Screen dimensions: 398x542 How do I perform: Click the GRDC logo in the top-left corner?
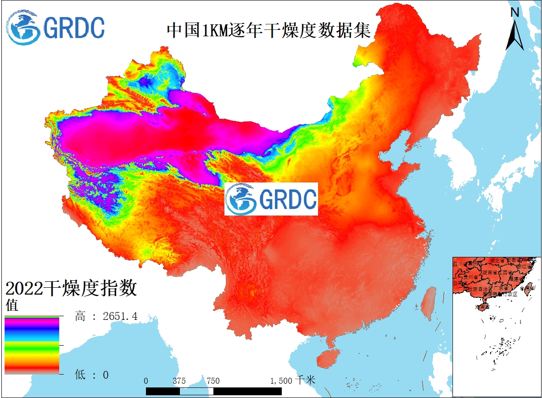point(56,27)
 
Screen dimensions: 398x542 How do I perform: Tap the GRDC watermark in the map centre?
point(271,199)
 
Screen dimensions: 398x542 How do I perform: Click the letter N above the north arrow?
point(515,12)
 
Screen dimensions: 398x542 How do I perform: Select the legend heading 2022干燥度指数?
point(71,289)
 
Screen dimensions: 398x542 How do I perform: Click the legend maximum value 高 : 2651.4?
point(106,316)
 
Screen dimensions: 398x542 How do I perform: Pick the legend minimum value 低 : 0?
point(92,375)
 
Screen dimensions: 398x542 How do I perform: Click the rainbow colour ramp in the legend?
point(32,345)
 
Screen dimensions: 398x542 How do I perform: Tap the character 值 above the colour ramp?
point(12,305)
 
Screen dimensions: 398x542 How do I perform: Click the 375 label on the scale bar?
point(179,381)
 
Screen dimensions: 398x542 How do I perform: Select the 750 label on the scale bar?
point(213,381)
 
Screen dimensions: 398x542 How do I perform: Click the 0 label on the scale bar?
point(146,381)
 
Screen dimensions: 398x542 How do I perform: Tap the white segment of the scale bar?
point(196,391)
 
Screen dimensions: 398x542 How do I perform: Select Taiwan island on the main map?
point(430,301)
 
